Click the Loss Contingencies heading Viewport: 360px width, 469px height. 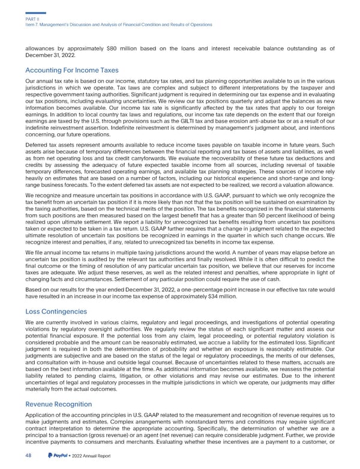tap(56, 312)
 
